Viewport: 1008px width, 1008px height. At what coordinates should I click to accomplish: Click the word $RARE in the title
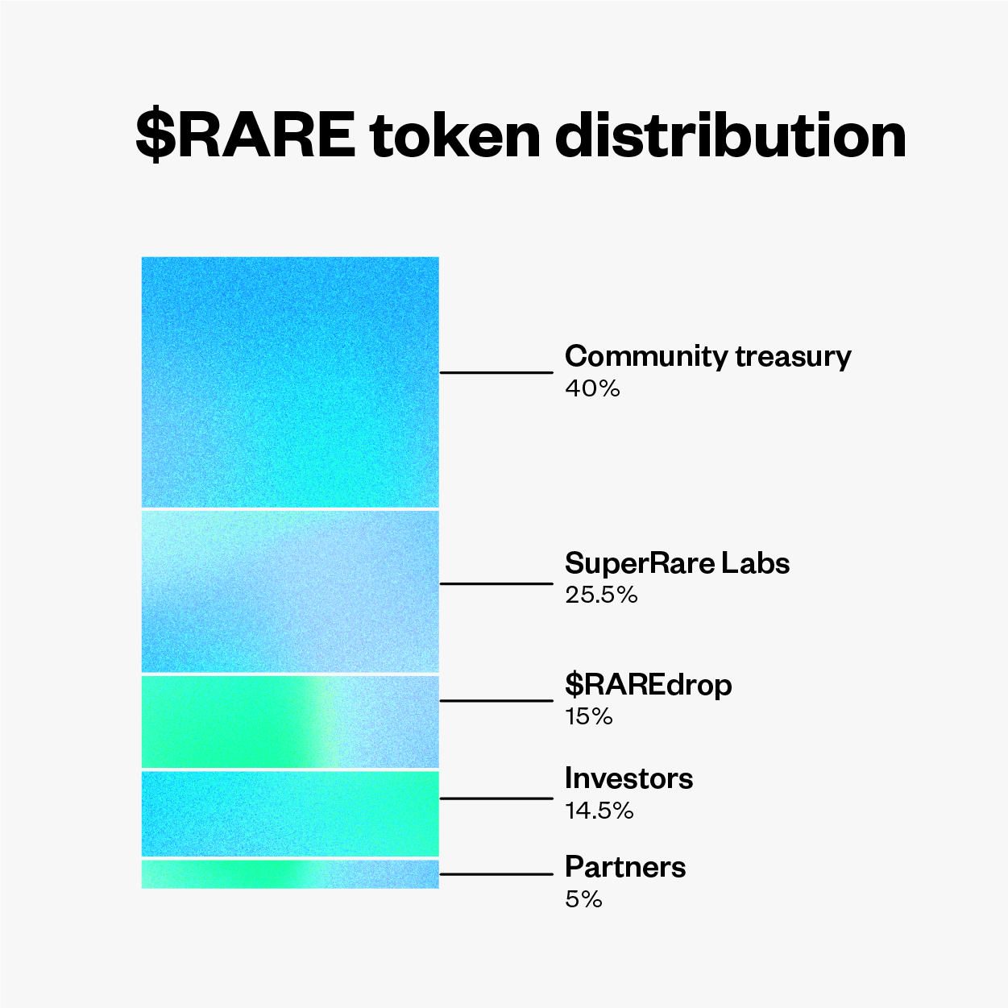pos(246,135)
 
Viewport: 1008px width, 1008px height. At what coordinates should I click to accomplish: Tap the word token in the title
pos(455,135)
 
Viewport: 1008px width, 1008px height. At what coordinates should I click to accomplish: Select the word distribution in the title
pos(731,135)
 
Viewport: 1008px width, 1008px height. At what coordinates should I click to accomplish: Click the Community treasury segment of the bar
pos(290,382)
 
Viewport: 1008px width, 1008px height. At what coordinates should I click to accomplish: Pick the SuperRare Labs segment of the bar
pos(290,591)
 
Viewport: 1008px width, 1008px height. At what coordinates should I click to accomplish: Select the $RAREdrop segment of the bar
pos(290,722)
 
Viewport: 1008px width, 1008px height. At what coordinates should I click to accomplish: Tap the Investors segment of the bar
pos(290,813)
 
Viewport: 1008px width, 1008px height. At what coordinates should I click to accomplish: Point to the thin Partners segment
pos(290,874)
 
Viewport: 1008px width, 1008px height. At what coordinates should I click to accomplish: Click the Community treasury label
pos(708,358)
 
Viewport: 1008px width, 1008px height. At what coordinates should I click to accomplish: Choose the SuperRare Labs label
pos(678,563)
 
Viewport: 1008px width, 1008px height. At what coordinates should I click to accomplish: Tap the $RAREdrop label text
pos(649,685)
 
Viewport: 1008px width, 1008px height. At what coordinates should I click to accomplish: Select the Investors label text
pos(629,778)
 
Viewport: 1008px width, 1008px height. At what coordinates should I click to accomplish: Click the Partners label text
pos(625,867)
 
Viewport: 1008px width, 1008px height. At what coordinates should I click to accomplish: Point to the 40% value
pos(593,388)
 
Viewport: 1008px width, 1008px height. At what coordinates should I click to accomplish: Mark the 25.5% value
pos(602,595)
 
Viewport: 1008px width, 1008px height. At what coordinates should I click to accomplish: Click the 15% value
pos(589,716)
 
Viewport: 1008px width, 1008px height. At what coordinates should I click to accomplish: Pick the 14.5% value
pos(599,811)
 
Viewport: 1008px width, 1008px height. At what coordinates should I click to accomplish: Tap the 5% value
pos(584,899)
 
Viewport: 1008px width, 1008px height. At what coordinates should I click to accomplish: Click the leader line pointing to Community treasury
pos(496,372)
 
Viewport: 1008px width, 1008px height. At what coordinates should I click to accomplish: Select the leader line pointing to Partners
pos(496,874)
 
